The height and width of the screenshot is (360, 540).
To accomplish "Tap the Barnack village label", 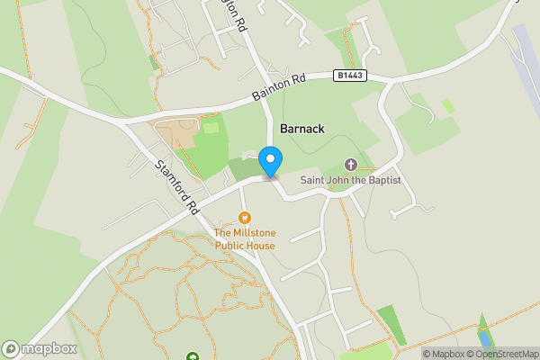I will click(301, 129).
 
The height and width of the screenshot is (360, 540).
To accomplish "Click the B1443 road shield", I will click(351, 75).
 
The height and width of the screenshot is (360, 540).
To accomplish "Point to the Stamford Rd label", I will click(176, 187).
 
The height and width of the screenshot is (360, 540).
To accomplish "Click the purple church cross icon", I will click(351, 165).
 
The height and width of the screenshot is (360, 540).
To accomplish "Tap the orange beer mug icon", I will click(244, 218).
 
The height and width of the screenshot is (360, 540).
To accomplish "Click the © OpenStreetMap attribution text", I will click(502, 354).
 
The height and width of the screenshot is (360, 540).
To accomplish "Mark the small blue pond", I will click(486, 338).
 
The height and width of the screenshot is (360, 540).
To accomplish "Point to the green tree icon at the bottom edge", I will click(192, 356).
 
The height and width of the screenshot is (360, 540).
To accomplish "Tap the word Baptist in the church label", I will click(382, 181).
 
